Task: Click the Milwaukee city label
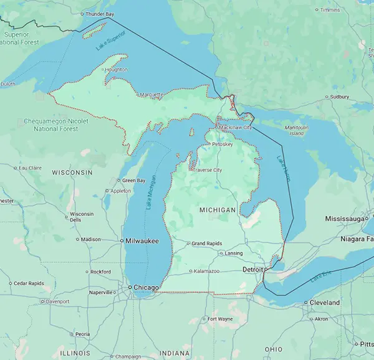141,240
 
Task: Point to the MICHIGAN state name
218,211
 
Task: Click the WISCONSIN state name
72,172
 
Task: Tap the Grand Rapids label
206,244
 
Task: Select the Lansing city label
234,253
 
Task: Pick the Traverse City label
207,170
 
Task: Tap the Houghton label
116,70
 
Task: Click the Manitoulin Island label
297,130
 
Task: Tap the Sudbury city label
339,97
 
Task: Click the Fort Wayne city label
220,320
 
